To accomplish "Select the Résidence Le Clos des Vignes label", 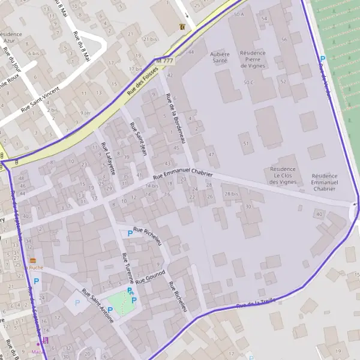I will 283,175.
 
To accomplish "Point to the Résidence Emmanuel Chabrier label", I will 325,182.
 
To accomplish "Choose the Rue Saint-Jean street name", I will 139,140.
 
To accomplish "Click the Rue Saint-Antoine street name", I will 98,307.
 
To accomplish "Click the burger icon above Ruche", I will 32,260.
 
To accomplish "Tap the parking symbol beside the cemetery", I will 322,59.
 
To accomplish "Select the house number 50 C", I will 248,82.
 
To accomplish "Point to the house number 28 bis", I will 231,194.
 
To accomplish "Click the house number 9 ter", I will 86,113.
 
